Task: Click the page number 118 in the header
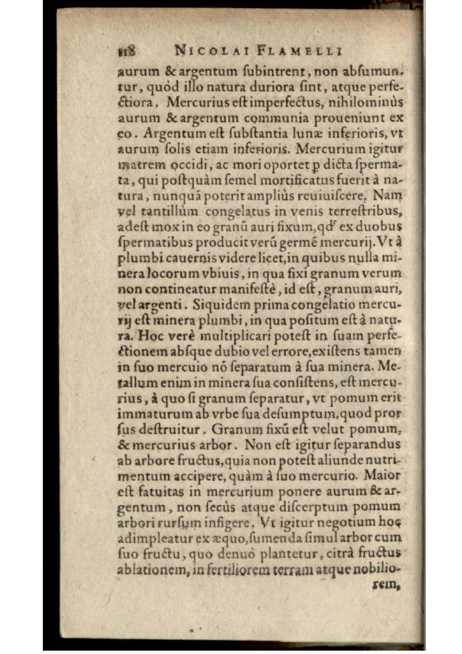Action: tap(127, 51)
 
